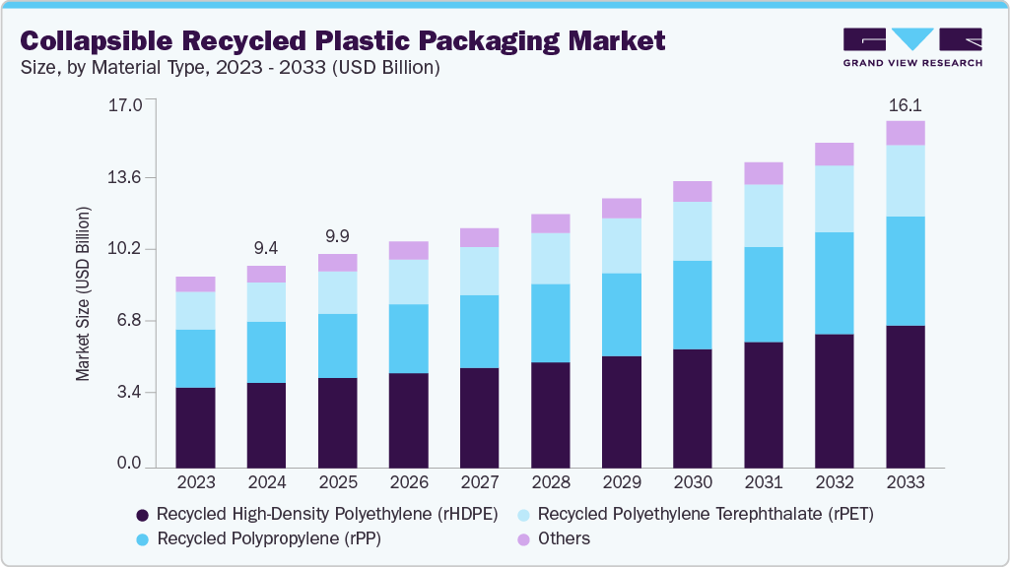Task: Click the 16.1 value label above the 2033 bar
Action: click(905, 105)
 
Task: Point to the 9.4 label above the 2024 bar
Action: click(266, 248)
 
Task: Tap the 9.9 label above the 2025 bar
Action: click(337, 236)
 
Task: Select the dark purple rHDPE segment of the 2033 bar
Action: click(905, 396)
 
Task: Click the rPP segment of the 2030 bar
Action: click(692, 305)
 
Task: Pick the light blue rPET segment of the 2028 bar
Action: click(550, 258)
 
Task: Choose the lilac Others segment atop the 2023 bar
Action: click(195, 284)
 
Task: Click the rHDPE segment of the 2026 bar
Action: click(408, 419)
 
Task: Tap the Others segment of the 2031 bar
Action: click(763, 173)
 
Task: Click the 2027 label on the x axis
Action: click(479, 483)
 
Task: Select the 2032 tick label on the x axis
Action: click(834, 483)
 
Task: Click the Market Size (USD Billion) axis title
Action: click(84, 294)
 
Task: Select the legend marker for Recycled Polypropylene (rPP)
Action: click(143, 539)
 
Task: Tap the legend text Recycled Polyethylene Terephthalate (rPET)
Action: click(706, 514)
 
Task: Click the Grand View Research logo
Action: click(912, 47)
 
